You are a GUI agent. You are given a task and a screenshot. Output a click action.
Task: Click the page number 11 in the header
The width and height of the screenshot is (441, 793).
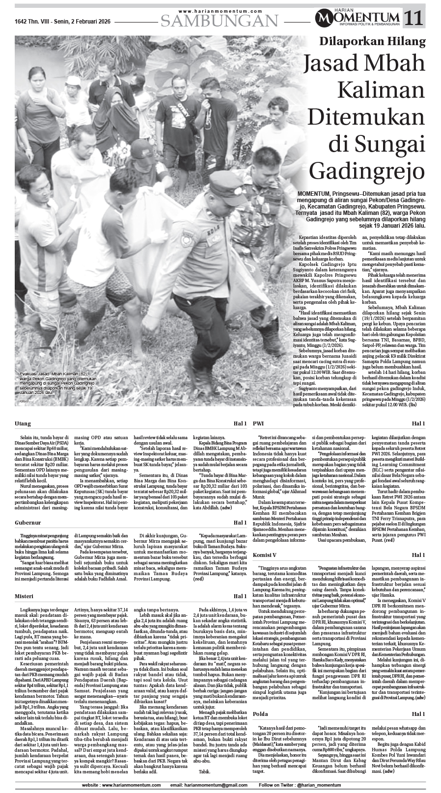point(414,19)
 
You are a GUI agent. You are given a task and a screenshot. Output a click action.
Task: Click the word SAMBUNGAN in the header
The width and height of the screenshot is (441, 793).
point(220,21)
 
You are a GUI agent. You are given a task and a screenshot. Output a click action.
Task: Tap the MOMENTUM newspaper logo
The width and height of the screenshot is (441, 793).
point(358,19)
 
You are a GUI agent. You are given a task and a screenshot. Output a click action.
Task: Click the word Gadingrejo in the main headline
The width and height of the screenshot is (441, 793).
point(367,171)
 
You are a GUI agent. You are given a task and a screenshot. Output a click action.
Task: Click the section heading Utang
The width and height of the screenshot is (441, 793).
point(23,423)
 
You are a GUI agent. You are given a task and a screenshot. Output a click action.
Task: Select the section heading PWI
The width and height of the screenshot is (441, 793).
point(258,423)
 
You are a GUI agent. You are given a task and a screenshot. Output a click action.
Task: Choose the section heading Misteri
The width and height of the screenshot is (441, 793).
point(24,596)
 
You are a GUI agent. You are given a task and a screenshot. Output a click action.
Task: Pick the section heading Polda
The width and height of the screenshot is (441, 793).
point(261,714)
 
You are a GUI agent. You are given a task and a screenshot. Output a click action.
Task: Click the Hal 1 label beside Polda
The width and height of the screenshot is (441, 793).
point(418,714)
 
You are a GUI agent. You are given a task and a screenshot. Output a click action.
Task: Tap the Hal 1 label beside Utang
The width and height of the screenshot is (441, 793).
point(240,423)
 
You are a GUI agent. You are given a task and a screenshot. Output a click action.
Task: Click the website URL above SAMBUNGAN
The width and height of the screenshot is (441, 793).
point(220,11)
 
